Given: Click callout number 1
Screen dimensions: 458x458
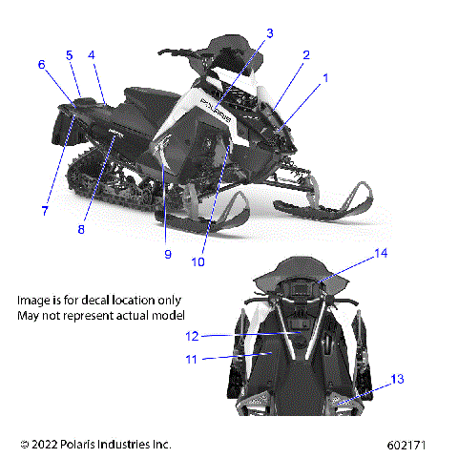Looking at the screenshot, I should point(324,79).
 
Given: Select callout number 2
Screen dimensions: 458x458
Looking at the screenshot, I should point(306,55).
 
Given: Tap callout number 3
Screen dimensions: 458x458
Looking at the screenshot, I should point(270,33).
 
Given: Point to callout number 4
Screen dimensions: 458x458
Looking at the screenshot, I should point(92,55).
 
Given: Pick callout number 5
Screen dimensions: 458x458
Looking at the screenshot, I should point(70,55).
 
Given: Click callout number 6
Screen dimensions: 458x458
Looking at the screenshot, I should point(42,65).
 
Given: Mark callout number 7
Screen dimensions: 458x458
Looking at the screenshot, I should point(44,184).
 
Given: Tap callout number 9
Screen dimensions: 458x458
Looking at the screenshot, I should point(167,254).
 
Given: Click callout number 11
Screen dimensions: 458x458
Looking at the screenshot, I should point(192,360).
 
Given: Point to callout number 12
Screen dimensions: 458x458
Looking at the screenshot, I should point(192,336).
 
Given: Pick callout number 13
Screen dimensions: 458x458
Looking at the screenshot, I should point(398,379).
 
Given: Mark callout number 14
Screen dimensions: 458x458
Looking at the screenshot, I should point(382,254).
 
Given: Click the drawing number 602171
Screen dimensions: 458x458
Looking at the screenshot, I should point(407,445).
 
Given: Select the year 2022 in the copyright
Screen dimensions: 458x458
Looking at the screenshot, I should point(46,445).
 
